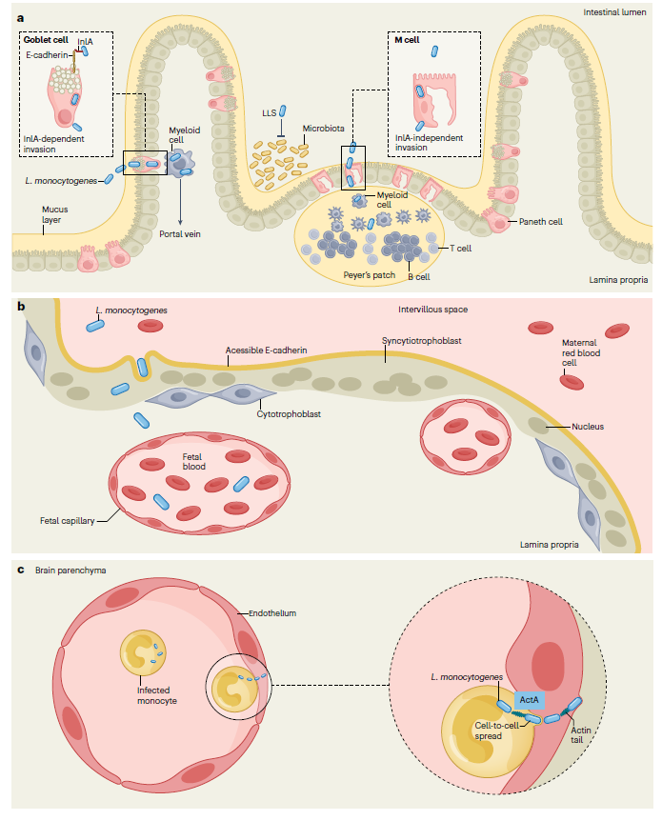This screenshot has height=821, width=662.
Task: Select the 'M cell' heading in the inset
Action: point(408,41)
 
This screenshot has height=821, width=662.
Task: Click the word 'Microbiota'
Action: point(323,128)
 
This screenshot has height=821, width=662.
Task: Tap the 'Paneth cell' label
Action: point(540,221)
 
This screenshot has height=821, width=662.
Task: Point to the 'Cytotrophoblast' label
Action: point(288,413)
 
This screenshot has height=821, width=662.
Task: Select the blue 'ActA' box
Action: point(529,700)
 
